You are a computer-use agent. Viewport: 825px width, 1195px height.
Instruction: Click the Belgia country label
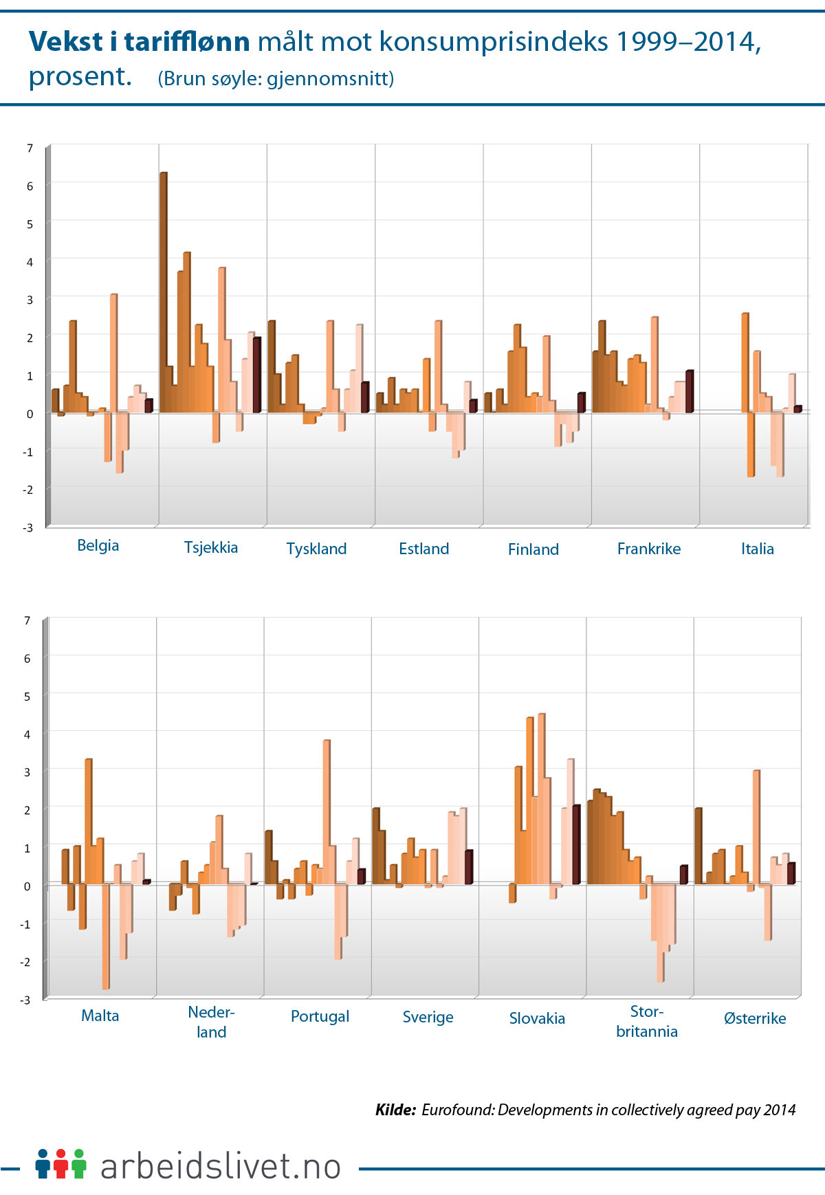point(98,545)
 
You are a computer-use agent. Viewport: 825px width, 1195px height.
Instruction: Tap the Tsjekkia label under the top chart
point(211,547)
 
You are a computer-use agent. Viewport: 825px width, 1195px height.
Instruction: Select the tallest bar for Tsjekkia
point(163,292)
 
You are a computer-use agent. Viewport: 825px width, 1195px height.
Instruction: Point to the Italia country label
point(757,549)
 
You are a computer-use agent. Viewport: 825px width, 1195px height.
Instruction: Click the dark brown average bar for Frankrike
point(690,391)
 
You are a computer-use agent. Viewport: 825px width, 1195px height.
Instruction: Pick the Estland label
point(423,549)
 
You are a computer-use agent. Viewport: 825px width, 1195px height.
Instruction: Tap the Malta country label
point(100,1016)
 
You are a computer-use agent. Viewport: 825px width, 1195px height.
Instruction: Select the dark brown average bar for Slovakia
point(576,844)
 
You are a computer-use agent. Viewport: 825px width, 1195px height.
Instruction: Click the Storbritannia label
point(646,1021)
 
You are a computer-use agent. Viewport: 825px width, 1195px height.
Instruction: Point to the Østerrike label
point(754,1018)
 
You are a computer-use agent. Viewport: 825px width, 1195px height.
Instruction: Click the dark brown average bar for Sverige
point(468,867)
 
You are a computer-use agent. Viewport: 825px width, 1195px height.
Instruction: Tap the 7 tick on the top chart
point(30,148)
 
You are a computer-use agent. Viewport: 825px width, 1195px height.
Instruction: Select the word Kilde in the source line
point(395,1110)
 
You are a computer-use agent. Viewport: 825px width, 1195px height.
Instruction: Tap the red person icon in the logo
point(61,1163)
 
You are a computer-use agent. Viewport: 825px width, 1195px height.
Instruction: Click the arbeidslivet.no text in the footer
point(221,1166)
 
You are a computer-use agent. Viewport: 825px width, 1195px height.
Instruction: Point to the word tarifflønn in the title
point(186,42)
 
